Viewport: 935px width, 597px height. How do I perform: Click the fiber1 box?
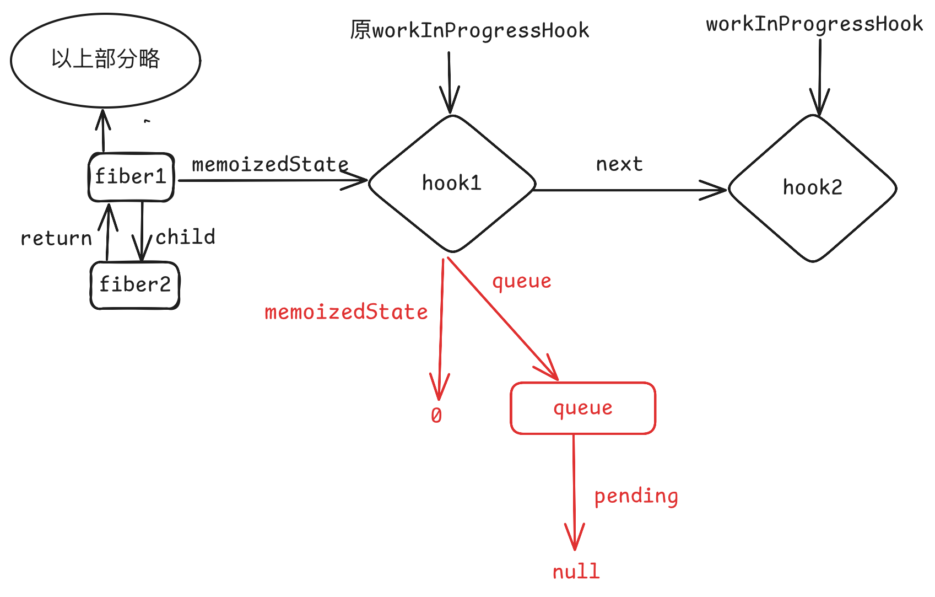tap(131, 177)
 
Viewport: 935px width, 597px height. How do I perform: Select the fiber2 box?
tap(135, 286)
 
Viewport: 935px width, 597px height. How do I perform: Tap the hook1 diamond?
tap(452, 184)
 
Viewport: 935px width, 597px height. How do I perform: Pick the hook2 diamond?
tap(812, 188)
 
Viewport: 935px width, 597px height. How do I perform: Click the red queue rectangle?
tap(583, 408)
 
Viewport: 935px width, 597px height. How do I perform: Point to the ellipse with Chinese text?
tap(106, 61)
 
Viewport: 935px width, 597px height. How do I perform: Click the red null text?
tap(576, 572)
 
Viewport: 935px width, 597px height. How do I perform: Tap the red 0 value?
tap(436, 415)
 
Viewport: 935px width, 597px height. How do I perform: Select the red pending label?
tap(636, 496)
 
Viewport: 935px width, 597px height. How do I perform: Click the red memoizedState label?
tap(346, 312)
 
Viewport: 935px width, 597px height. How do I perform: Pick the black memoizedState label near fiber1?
tap(270, 164)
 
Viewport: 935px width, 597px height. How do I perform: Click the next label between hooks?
tap(619, 164)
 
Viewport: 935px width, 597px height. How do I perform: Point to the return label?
tap(56, 239)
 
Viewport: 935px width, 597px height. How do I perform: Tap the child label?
tap(186, 236)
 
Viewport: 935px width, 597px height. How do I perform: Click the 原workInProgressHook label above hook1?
tap(469, 30)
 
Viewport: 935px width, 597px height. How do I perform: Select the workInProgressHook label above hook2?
tap(814, 24)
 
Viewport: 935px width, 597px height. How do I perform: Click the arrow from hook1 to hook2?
tap(630, 190)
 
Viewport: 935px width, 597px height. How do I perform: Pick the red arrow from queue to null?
tap(574, 492)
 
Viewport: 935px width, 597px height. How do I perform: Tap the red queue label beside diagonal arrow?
tap(522, 282)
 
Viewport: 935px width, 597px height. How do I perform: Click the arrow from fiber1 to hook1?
tap(273, 180)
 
